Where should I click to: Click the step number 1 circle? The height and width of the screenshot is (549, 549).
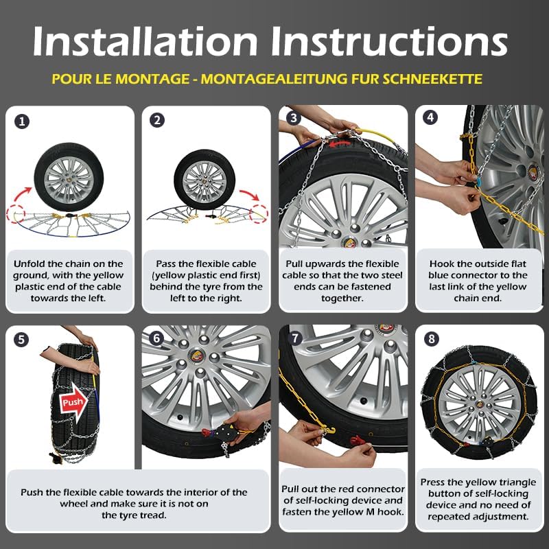pyautogui.click(x=22, y=121)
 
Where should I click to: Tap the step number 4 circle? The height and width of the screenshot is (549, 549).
pyautogui.click(x=430, y=117)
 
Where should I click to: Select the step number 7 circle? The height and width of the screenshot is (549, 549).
pyautogui.click(x=296, y=338)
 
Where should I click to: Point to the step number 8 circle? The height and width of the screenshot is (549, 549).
pyautogui.click(x=432, y=338)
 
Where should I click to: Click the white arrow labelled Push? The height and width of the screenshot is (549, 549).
pyautogui.click(x=73, y=402)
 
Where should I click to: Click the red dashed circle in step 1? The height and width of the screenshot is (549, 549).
pyautogui.click(x=15, y=213)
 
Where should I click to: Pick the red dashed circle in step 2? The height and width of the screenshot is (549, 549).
pyautogui.click(x=259, y=213)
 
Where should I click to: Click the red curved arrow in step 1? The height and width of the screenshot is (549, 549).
pyautogui.click(x=22, y=195)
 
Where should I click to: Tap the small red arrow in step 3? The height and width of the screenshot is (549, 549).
pyautogui.click(x=340, y=143)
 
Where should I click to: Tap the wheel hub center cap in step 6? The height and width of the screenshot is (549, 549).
pyautogui.click(x=196, y=355)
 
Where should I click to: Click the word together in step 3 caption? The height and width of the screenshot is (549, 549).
pyautogui.click(x=342, y=299)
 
